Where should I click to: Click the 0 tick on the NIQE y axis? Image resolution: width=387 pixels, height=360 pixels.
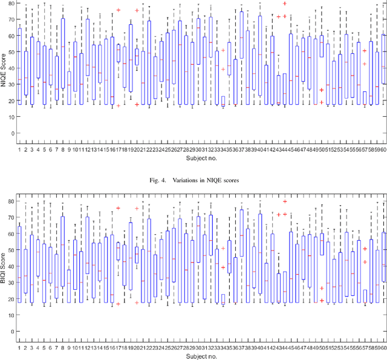11,133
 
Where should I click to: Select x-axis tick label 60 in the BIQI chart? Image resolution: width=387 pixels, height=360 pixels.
383,347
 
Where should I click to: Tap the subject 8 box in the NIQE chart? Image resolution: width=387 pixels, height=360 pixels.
63,53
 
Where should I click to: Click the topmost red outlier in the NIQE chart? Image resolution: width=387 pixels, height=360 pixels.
285,4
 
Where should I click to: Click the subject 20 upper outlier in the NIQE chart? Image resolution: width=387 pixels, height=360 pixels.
137,10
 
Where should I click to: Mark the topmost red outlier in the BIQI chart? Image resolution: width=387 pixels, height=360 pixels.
285,201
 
